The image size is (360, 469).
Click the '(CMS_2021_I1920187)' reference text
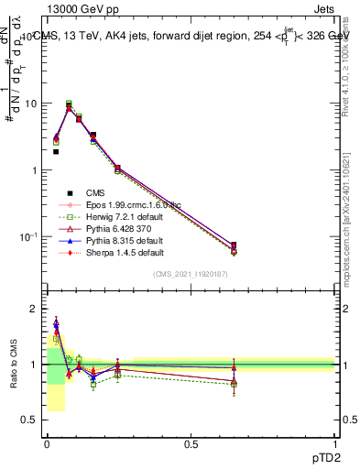pos(191,275)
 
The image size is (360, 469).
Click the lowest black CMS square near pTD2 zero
pos(56,152)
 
